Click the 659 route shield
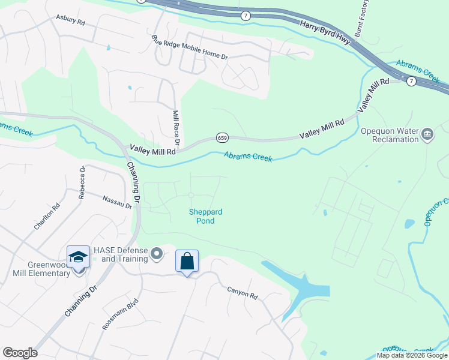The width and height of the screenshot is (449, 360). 221,137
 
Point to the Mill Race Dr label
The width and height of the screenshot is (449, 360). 176,128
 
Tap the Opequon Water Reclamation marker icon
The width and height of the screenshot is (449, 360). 427,133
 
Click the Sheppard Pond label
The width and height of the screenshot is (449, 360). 206,217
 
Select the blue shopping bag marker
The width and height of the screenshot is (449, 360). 187,262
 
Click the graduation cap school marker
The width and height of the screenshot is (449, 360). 78,257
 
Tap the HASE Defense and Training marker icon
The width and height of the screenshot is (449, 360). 157,254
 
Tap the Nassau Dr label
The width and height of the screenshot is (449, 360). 116,202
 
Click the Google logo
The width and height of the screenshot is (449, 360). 19,353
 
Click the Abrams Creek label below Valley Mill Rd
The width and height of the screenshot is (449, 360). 248,157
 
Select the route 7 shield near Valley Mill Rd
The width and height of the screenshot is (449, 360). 411,80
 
